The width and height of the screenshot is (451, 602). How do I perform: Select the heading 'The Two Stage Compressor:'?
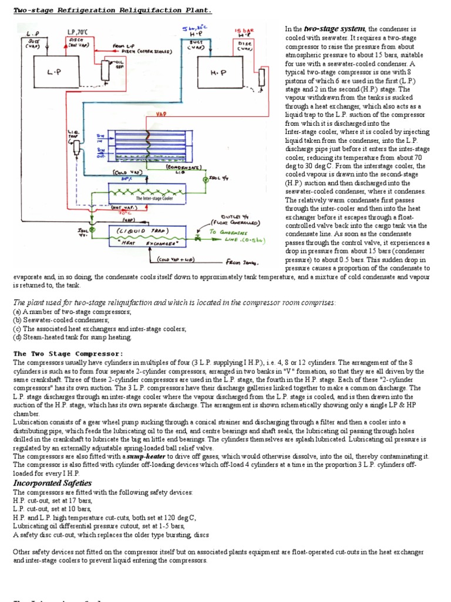[x=68, y=354]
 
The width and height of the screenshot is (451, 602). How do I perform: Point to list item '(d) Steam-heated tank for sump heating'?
[x=73, y=337]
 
